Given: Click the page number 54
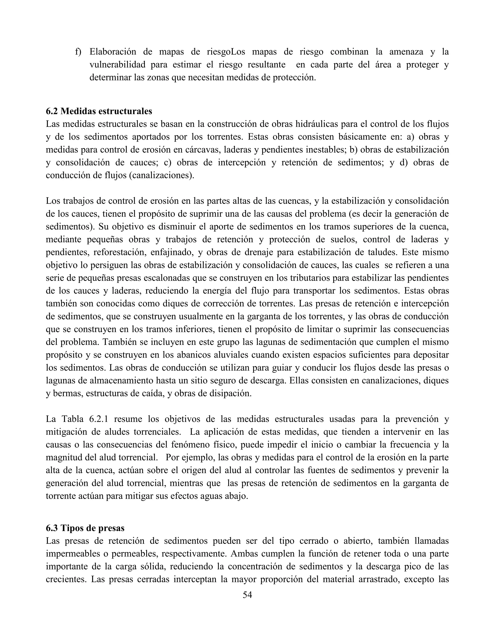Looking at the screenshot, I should pyautogui.click(x=247, y=595).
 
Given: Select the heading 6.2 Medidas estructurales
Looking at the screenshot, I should pyautogui.click(x=99, y=111).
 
